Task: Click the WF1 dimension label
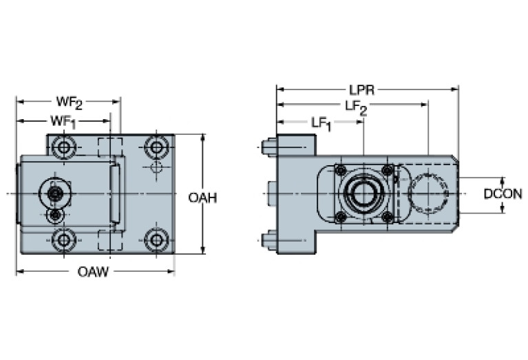point(62,121)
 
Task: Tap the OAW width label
point(93,273)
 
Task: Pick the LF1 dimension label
point(321,123)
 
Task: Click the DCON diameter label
point(502,195)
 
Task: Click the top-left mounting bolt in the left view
point(65,147)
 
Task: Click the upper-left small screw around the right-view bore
point(339,169)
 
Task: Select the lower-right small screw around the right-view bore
point(388,218)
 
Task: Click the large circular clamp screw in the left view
point(54,193)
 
